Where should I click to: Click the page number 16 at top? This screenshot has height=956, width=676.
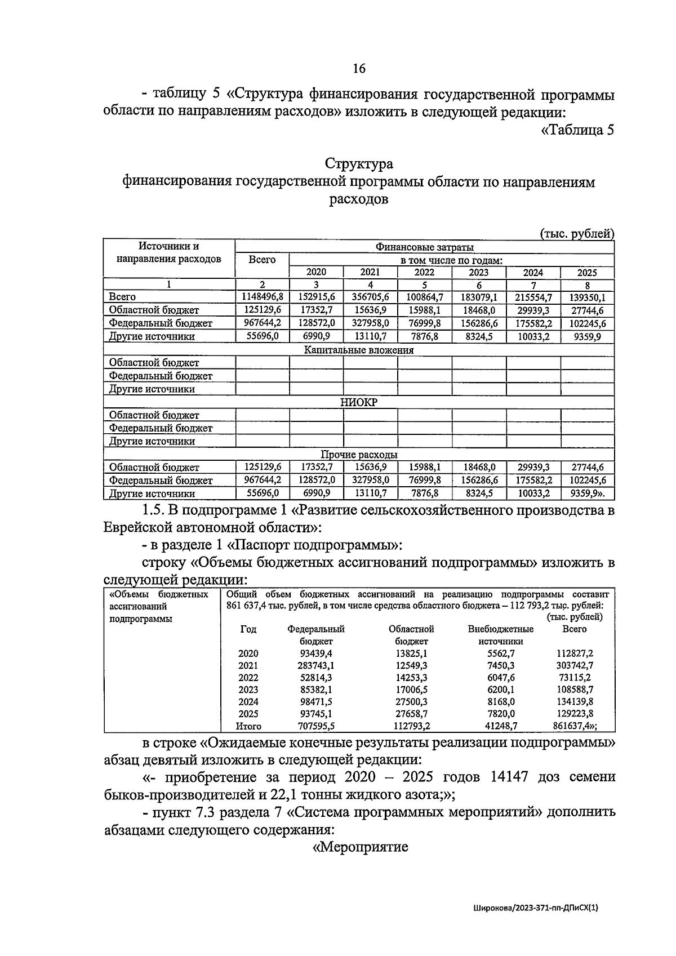[x=359, y=69]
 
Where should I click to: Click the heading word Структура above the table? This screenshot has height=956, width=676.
[x=359, y=164]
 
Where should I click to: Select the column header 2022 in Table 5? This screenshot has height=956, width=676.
[x=424, y=272]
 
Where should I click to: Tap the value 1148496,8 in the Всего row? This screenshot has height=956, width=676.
[x=262, y=297]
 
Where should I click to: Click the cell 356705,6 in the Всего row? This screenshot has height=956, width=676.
[x=370, y=297]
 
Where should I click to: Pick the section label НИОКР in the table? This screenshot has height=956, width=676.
[x=359, y=402]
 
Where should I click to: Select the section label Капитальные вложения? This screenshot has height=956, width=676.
[x=359, y=350]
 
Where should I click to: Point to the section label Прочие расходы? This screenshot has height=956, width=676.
[x=359, y=455]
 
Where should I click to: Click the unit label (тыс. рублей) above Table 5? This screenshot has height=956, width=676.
[x=576, y=233]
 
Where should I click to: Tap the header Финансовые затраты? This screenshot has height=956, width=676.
[x=424, y=247]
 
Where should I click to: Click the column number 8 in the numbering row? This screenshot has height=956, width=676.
[x=587, y=285]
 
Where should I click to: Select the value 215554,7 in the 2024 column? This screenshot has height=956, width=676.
[x=533, y=297]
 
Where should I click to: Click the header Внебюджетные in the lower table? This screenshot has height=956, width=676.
[x=501, y=629]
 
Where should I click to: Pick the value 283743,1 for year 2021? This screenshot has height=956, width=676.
[x=315, y=665]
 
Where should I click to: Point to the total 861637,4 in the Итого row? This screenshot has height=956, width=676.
[x=577, y=726]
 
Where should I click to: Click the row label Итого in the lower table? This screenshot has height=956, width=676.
[x=248, y=726]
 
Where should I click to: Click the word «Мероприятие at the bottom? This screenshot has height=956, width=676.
[x=361, y=847]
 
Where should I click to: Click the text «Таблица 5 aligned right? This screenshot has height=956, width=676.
[x=577, y=130]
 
